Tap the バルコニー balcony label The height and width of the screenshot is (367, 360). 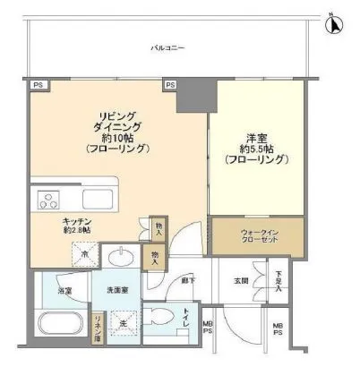pos(167,48)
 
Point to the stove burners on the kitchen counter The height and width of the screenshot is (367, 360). pos(45,197)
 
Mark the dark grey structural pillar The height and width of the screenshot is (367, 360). pos(193,94)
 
